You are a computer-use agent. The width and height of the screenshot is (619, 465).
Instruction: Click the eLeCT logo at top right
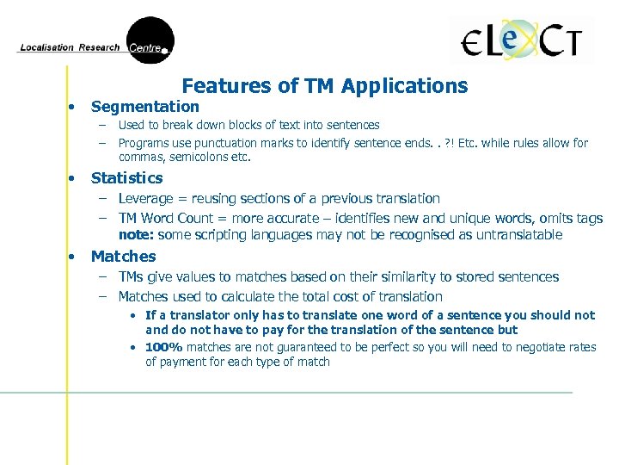(x=522, y=40)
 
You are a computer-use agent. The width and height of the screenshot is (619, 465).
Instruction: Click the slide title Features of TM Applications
(x=325, y=86)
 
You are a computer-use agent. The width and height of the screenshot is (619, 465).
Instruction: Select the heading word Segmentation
(x=144, y=107)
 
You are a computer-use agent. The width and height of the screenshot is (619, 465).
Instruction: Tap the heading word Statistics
(x=126, y=178)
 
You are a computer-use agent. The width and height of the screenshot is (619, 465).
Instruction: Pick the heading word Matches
(x=123, y=257)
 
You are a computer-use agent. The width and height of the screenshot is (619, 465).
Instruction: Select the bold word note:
(x=134, y=235)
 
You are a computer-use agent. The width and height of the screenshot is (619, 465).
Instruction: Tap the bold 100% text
(x=164, y=347)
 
